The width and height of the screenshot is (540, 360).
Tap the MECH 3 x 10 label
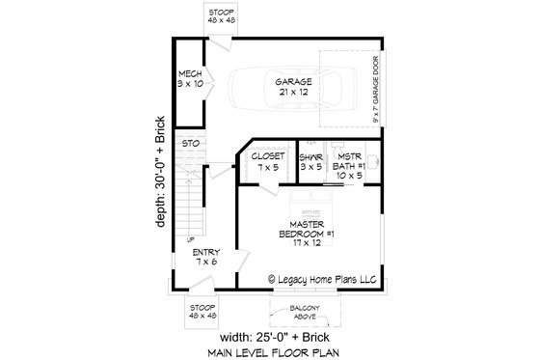point(190,80)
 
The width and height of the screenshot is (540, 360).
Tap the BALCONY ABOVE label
point(304,314)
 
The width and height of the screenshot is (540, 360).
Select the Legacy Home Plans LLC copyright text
point(322,282)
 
